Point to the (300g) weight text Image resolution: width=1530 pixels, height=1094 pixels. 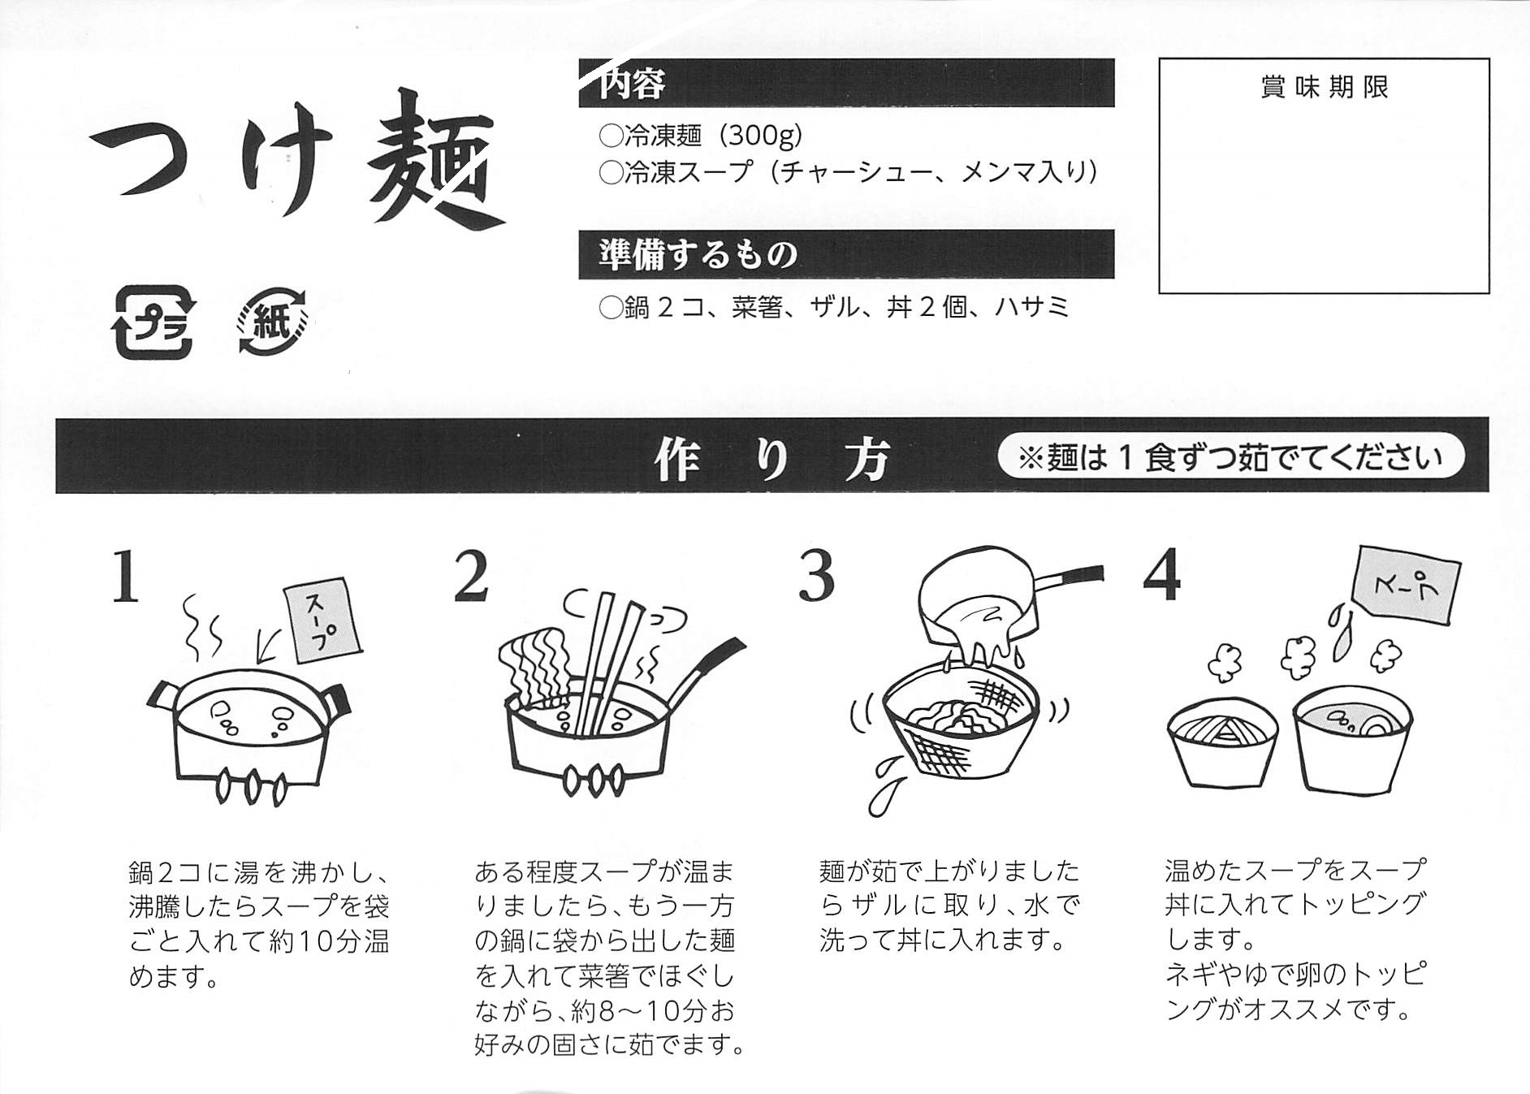pos(762,135)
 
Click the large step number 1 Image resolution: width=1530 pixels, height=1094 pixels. pos(125,577)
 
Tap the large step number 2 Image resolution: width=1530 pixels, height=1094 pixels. pos(471,576)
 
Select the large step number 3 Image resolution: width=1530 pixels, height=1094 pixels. pos(816,576)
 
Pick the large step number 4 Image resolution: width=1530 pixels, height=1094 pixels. pos(1161,576)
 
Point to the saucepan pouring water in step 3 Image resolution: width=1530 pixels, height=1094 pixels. pos(991,601)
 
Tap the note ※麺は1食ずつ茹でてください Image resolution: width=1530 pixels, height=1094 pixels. pos(1230,458)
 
